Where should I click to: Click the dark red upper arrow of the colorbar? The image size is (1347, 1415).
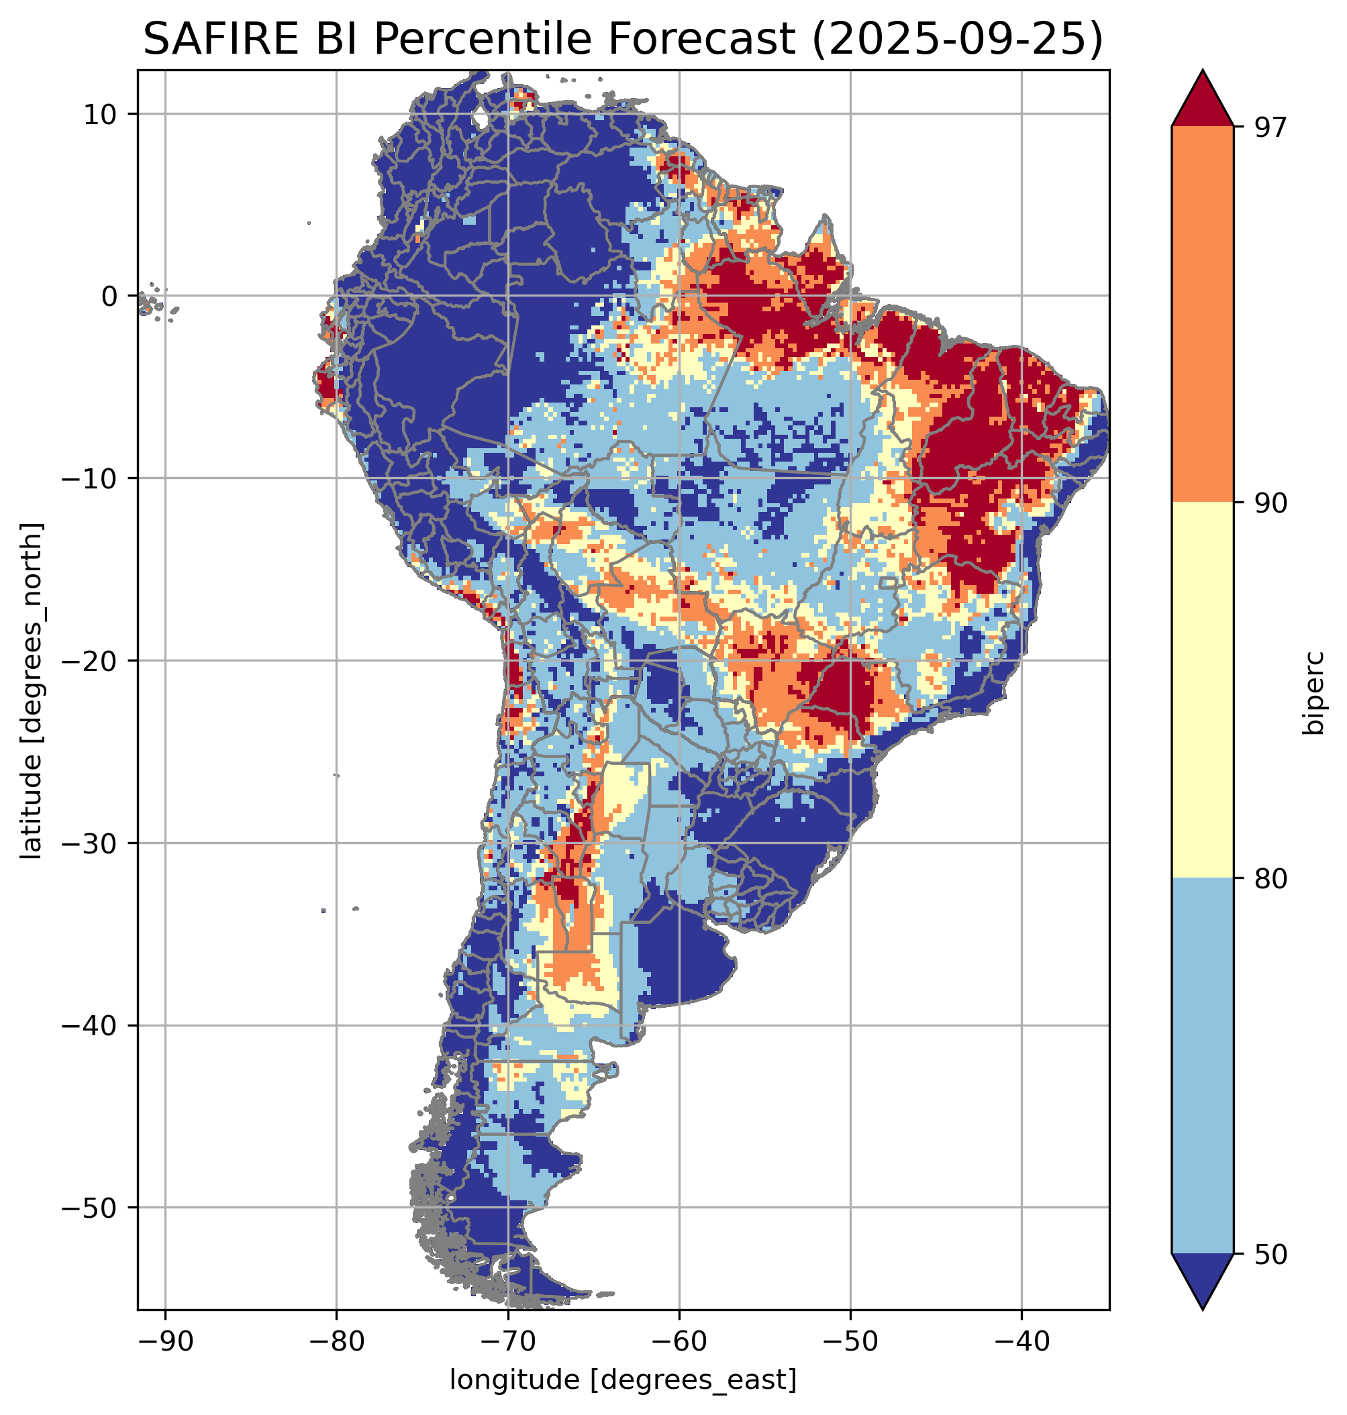(x=1202, y=101)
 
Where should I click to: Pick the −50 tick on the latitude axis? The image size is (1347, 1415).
(x=91, y=1208)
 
